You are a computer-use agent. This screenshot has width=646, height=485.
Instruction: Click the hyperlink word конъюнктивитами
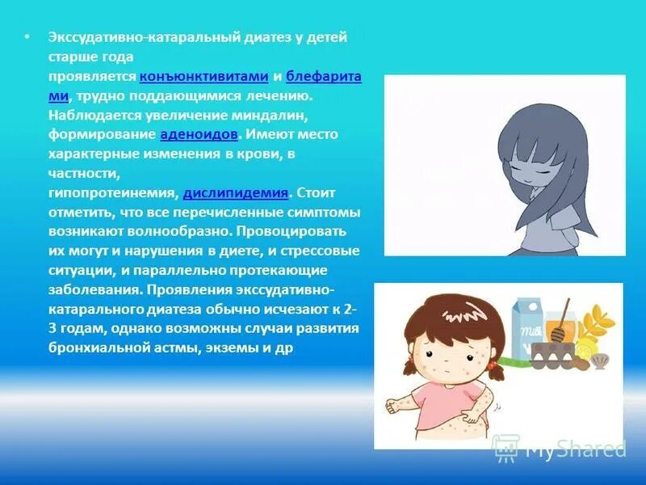pyautogui.click(x=203, y=77)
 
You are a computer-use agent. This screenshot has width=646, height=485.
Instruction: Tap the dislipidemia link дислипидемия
pyautogui.click(x=236, y=192)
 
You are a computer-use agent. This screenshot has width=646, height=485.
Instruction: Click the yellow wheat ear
pyautogui.click(x=601, y=323)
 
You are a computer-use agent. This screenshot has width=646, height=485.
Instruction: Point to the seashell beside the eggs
pyautogui.click(x=598, y=361)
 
